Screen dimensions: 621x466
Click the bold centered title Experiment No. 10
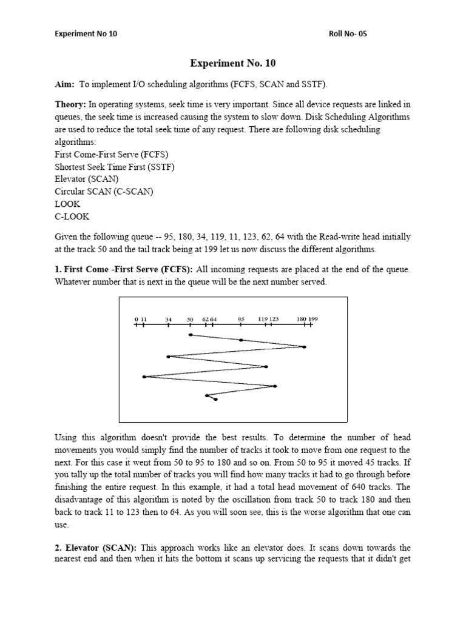(232, 62)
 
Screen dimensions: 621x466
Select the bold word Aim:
(64, 84)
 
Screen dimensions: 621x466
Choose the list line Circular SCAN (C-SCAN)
(104, 192)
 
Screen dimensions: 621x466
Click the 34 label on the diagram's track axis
(168, 318)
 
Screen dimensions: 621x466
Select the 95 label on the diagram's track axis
(241, 318)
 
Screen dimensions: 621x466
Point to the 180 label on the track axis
(301, 318)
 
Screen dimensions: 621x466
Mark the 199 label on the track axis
(312, 318)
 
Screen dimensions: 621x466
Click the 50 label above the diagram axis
(190, 318)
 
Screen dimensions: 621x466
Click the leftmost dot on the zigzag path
(144, 377)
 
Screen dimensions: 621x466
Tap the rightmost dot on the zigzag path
(304, 347)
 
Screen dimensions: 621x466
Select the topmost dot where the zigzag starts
(191, 335)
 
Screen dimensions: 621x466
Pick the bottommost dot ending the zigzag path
(216, 399)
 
